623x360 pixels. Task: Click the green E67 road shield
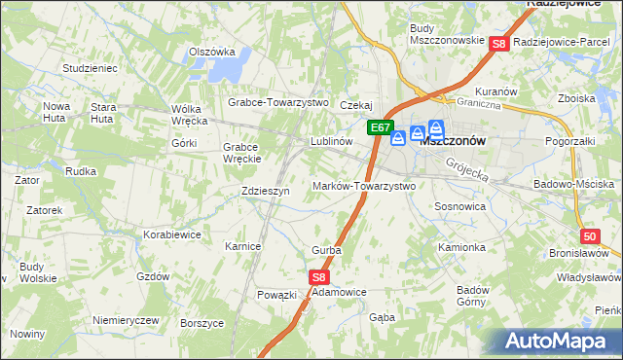[x=381, y=127]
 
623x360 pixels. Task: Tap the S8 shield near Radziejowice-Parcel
[x=498, y=44]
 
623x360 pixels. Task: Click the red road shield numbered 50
[x=590, y=236]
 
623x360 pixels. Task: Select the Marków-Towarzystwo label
[x=363, y=186]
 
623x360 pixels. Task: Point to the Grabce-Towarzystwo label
[x=278, y=102]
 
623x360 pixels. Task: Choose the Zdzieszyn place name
[x=265, y=192]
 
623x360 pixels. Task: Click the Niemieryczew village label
[x=125, y=320]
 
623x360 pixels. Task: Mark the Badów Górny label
[x=473, y=295]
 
